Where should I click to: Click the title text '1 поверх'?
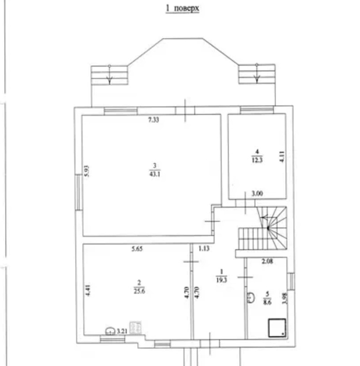pos(182,8)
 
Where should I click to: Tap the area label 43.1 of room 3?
pos(155,174)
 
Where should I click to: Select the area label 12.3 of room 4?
pos(257,160)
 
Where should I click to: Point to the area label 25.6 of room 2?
pos(139,291)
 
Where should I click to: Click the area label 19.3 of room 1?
pos(222,280)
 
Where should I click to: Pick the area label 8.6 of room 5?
pos(267,303)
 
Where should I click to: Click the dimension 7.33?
pos(154,120)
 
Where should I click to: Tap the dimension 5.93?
pos(87,171)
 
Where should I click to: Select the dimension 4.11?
pos(282,157)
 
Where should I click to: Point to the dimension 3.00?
pos(257,193)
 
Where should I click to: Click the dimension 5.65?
pos(137,249)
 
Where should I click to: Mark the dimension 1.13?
pos(204,249)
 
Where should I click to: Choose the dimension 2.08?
pos(268,261)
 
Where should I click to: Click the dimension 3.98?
pos(285,298)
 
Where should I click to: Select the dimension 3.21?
pos(122,331)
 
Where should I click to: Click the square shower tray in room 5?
pos(277,328)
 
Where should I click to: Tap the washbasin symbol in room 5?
pos(251,297)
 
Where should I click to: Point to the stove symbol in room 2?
pos(135,328)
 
